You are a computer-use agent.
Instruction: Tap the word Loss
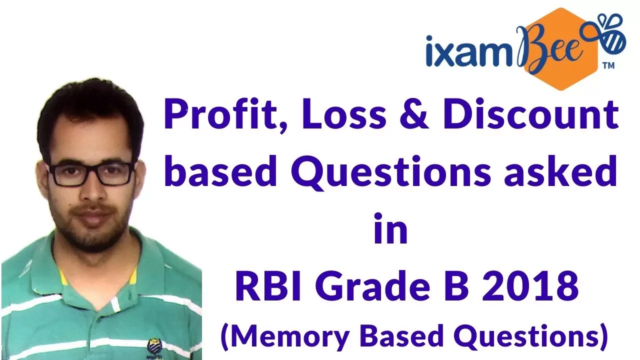(344, 114)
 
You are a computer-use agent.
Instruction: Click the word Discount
(530, 114)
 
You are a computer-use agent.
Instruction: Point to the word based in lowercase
(220, 171)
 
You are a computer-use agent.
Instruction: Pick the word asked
(560, 171)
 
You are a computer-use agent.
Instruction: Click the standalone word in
(391, 228)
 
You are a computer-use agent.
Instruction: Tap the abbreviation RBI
(268, 285)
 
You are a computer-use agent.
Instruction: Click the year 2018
(530, 285)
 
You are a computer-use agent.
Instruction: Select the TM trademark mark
(608, 66)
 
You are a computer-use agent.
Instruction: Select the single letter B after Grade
(456, 285)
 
